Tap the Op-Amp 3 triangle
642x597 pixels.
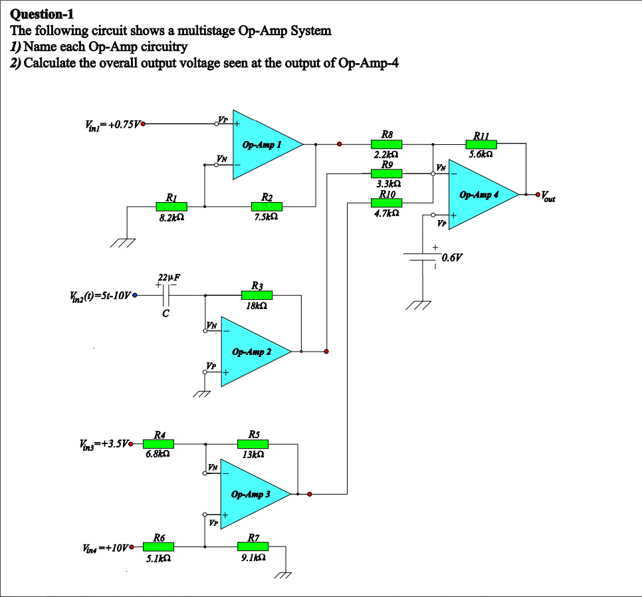pos(251,494)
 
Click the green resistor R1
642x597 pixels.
pos(171,207)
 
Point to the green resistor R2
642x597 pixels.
pos(267,207)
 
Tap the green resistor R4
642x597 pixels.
pos(159,443)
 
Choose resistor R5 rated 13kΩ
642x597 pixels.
pos(253,444)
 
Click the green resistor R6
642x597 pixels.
pos(159,546)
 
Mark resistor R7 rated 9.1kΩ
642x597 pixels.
pos(253,546)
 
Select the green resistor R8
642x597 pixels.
pos(386,144)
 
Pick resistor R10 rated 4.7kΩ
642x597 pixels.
pos(386,203)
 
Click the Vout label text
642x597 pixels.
pos(548,197)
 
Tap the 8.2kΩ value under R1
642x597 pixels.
pos(171,217)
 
